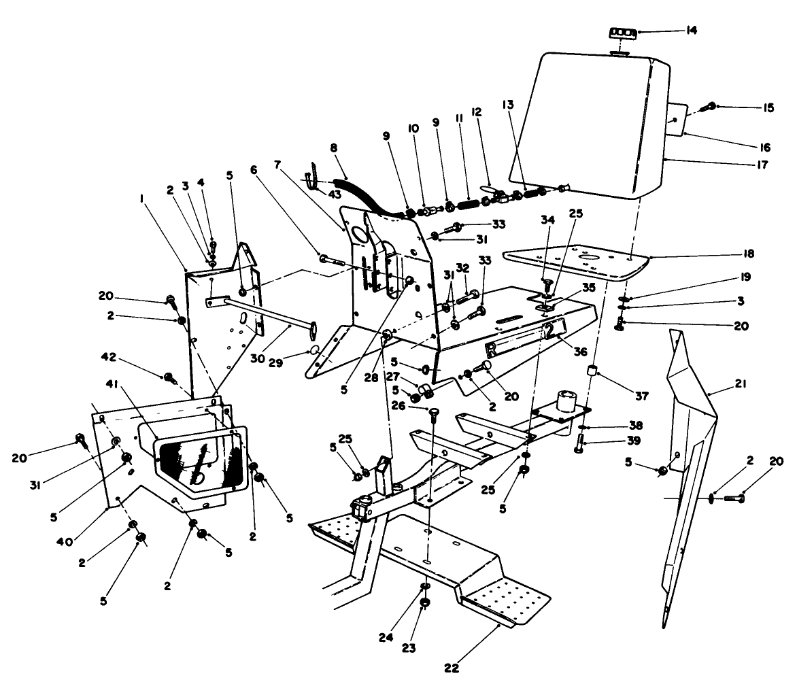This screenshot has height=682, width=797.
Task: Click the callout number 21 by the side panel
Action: click(x=741, y=384)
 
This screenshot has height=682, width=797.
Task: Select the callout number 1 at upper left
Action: click(x=141, y=199)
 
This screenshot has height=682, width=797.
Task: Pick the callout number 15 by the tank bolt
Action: click(x=749, y=107)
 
